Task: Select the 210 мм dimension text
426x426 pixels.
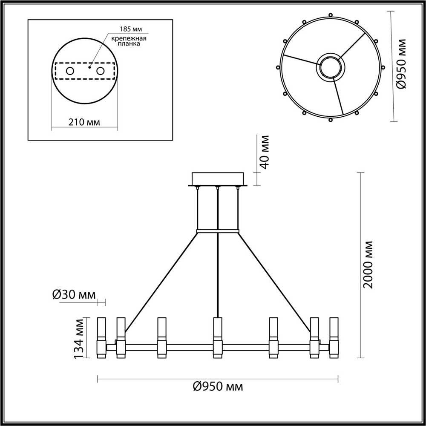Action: (x=84, y=122)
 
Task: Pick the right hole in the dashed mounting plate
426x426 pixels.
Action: (x=101, y=71)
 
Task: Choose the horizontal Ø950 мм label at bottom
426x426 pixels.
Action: (x=218, y=387)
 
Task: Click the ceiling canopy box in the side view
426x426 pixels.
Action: (x=218, y=178)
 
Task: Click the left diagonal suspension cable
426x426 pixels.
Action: (x=162, y=281)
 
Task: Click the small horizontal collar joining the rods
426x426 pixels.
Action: (x=218, y=232)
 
